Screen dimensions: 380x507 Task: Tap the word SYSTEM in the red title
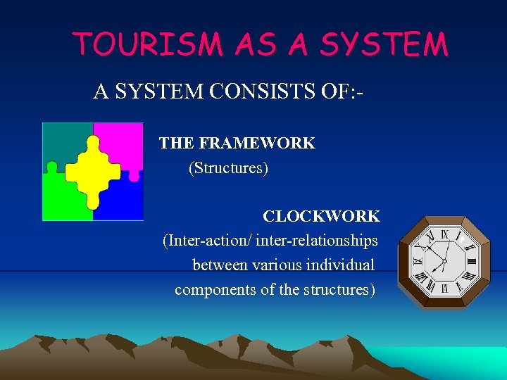pyautogui.click(x=383, y=44)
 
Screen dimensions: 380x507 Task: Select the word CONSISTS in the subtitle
pyautogui.click(x=237, y=91)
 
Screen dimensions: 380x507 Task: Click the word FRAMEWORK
pyautogui.click(x=257, y=144)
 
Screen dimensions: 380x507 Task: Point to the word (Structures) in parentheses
pyautogui.click(x=228, y=169)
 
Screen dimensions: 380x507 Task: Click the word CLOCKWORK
pyautogui.click(x=321, y=216)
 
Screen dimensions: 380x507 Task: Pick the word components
pyautogui.click(x=215, y=290)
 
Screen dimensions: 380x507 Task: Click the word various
pyautogui.click(x=268, y=265)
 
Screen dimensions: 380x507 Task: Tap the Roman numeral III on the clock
pyautogui.click(x=471, y=260)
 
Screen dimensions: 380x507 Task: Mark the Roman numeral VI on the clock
pyautogui.click(x=444, y=288)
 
